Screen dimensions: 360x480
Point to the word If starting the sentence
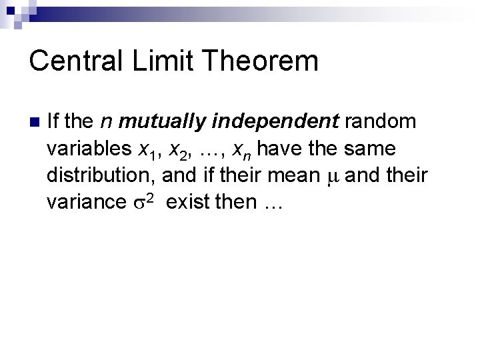point(55,121)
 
